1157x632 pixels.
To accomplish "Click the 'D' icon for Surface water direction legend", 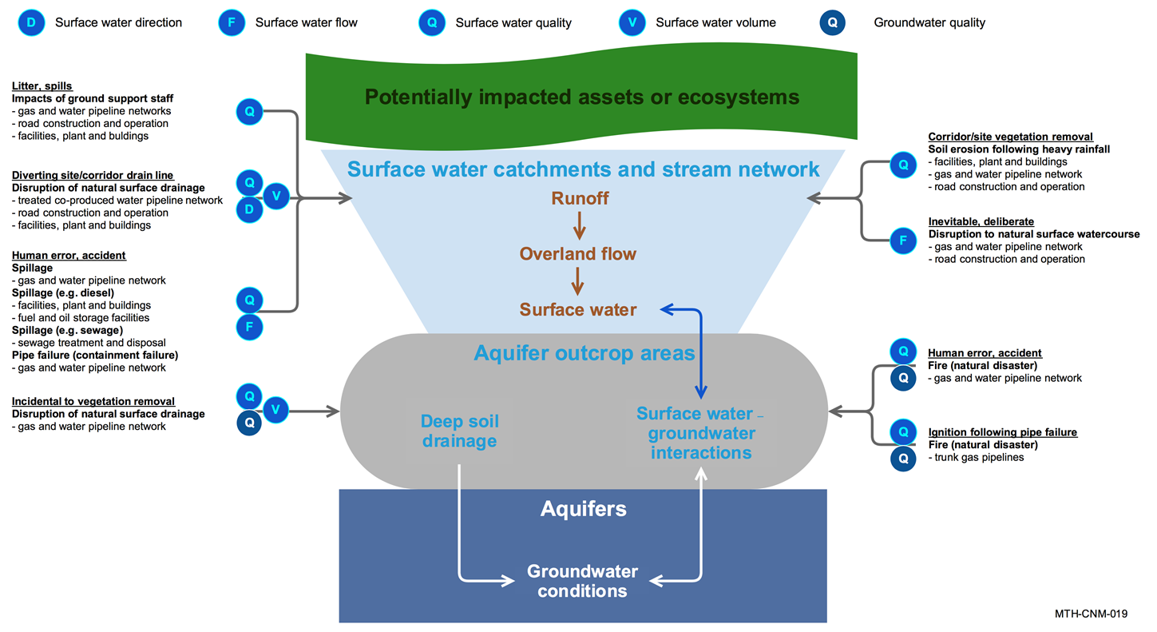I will [x=31, y=22].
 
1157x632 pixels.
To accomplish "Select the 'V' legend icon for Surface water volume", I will [x=632, y=22].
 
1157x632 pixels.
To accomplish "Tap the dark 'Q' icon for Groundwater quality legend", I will [x=832, y=22].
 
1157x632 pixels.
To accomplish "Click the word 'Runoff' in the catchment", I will [x=580, y=198].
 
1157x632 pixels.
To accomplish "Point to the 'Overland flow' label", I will [x=578, y=254].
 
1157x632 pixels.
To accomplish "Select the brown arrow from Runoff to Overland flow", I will [x=580, y=226].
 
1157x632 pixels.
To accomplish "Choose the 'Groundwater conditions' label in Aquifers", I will [x=582, y=581].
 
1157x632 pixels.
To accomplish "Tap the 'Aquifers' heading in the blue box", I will [x=583, y=509].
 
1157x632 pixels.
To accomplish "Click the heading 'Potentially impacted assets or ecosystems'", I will [x=581, y=97].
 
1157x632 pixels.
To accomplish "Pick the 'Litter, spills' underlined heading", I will [x=42, y=86].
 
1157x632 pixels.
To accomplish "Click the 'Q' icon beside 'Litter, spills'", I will [x=249, y=112].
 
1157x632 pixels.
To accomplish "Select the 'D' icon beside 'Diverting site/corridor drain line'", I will [x=249, y=209].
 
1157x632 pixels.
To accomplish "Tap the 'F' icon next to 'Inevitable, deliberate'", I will [x=903, y=239].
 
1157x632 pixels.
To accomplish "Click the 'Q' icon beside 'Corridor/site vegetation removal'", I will [x=903, y=165].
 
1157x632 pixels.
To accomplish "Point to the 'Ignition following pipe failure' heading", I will [x=1002, y=432].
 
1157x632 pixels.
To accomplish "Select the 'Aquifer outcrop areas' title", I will [x=584, y=353].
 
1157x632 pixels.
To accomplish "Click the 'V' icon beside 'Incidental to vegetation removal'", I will [x=275, y=410].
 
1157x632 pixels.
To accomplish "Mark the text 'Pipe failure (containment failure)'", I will [x=95, y=355].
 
